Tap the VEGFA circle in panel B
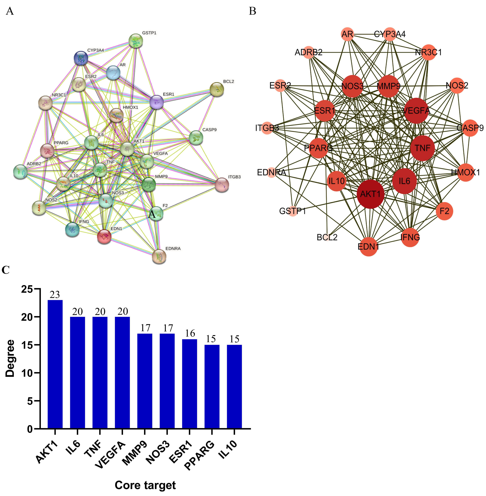(x=416, y=111)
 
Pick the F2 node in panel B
(x=444, y=211)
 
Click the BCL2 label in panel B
(x=327, y=237)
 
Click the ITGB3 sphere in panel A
(x=222, y=185)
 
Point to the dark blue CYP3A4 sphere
(x=81, y=58)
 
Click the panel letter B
(x=252, y=11)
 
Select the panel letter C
(x=6, y=270)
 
